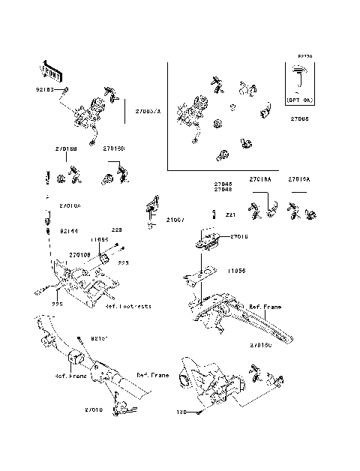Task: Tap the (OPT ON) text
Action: click(300, 98)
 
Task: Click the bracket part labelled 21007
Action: click(152, 206)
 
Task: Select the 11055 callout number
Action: click(99, 239)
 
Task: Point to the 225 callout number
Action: click(55, 304)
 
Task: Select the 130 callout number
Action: click(180, 412)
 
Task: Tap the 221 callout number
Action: click(230, 214)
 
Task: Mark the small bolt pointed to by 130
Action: click(196, 411)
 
